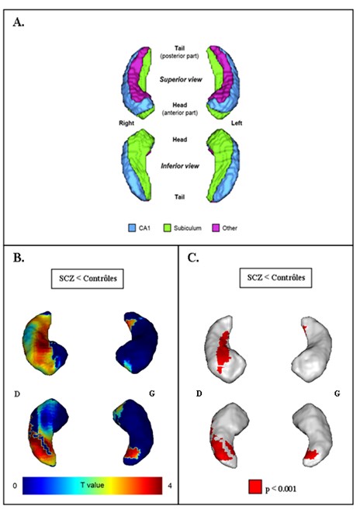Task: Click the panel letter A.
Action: [19, 23]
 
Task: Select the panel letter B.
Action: [19, 258]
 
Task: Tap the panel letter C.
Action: [193, 258]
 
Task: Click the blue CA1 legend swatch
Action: [132, 228]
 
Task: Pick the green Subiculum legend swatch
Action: [167, 228]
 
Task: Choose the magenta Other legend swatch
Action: [216, 228]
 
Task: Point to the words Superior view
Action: [181, 79]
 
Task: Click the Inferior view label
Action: [180, 166]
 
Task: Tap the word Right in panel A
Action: [126, 123]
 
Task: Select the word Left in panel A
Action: [237, 123]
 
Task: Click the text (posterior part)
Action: [179, 56]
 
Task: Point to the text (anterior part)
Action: [180, 113]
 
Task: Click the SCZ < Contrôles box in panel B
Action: [88, 279]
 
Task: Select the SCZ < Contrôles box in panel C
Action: [275, 278]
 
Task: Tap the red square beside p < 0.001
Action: [255, 487]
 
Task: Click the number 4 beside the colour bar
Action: [169, 486]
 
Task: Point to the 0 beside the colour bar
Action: [15, 486]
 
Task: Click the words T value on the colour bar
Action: [92, 484]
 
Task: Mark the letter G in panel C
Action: [337, 393]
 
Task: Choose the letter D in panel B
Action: [17, 394]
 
